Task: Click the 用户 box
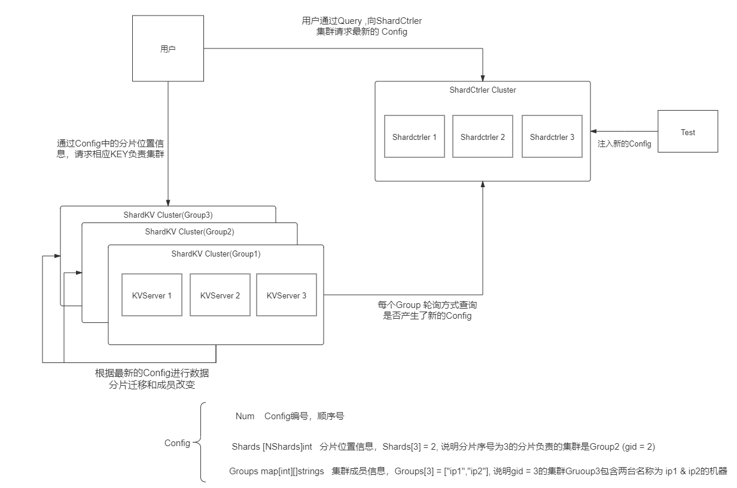click(168, 49)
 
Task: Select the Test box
click(687, 132)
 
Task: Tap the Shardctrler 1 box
click(414, 137)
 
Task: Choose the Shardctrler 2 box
click(482, 137)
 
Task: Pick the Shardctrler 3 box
click(552, 137)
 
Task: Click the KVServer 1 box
click(152, 295)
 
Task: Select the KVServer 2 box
click(220, 295)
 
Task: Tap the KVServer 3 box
click(287, 295)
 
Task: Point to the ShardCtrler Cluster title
click(482, 90)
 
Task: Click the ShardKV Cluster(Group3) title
click(168, 215)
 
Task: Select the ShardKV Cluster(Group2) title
click(189, 232)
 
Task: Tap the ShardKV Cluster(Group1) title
click(215, 254)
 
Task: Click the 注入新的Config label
click(624, 144)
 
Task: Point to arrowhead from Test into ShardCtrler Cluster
click(593, 132)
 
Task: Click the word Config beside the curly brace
click(177, 443)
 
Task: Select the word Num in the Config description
click(245, 416)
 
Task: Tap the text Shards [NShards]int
click(272, 447)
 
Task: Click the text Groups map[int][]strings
click(276, 471)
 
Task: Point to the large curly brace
click(202, 443)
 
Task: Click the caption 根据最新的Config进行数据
click(152, 373)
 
